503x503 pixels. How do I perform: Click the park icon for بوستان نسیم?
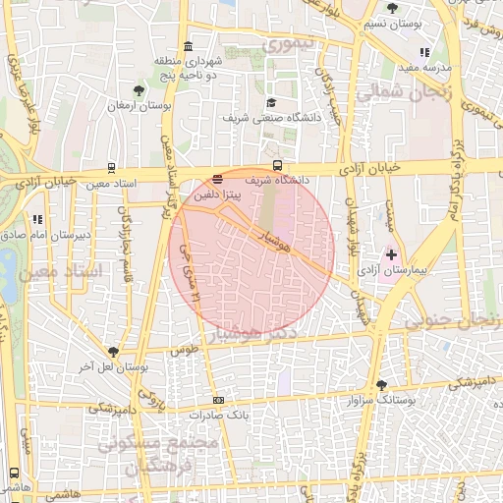393,8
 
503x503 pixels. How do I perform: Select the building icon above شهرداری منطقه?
189,47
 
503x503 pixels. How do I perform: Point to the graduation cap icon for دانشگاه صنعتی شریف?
270,103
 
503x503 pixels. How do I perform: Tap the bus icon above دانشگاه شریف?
278,166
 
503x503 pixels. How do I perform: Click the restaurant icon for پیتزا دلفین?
217,179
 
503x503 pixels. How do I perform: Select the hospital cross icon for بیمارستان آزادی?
391,254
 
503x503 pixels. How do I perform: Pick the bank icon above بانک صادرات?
218,400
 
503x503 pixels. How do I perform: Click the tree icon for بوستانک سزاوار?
381,386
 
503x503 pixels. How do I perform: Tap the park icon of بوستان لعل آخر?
116,352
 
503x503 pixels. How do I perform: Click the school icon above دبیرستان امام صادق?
37,220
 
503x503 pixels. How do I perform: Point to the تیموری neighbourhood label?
293,43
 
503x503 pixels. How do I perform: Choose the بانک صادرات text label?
206,415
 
